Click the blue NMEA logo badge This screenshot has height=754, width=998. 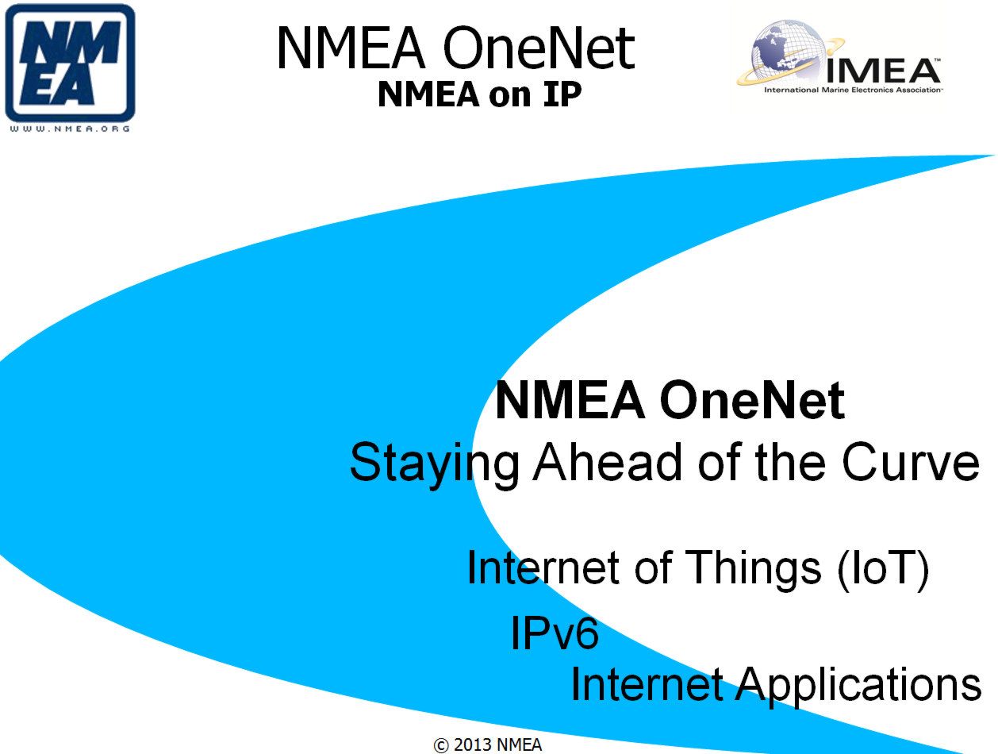(70, 63)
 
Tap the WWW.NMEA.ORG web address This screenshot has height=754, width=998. (70, 129)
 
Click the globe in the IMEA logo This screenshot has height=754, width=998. (785, 52)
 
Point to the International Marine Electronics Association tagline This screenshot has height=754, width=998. (852, 90)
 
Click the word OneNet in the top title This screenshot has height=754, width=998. (539, 48)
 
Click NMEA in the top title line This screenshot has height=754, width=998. (351, 48)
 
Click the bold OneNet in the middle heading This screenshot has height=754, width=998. (751, 401)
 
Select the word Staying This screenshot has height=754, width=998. (434, 464)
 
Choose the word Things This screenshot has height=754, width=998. (752, 569)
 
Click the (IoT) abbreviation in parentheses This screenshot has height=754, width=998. (882, 569)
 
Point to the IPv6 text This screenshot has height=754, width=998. (555, 632)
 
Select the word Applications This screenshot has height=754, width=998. (858, 687)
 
